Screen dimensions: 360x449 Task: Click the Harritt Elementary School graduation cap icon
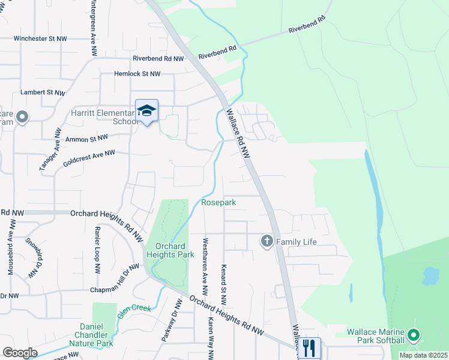146,110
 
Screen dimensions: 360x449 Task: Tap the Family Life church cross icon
267,241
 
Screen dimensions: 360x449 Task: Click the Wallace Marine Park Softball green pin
413,335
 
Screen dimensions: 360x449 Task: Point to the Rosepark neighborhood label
218,203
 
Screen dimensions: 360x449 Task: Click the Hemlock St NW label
137,74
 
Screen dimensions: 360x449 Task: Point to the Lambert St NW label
42,92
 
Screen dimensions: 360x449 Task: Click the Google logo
20,353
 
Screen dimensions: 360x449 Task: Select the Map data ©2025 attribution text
423,355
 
